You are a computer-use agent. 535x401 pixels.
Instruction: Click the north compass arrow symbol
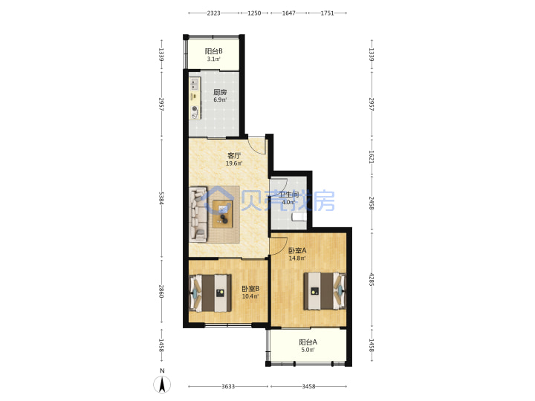(x=162, y=385)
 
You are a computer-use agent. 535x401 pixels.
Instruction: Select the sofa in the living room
(x=198, y=214)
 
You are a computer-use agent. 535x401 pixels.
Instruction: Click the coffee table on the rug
(x=222, y=214)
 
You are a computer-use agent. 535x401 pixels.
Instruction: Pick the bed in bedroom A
(x=325, y=291)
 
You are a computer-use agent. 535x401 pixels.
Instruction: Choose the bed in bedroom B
(x=210, y=293)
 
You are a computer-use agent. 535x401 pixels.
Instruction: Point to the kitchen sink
(x=195, y=84)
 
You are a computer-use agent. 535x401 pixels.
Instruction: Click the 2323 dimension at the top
(x=213, y=13)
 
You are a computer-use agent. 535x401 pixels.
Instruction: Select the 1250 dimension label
(x=254, y=13)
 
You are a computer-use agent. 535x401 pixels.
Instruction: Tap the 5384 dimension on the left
(x=161, y=198)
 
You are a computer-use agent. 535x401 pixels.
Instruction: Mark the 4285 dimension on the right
(x=372, y=280)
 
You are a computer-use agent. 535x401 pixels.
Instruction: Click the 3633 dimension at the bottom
(x=228, y=386)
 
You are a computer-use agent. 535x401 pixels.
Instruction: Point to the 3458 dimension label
(x=308, y=386)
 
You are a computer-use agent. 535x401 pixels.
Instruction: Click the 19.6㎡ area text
(x=234, y=163)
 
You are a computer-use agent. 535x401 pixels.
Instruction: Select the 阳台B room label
(x=213, y=51)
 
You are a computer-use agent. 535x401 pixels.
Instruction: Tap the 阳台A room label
(x=308, y=342)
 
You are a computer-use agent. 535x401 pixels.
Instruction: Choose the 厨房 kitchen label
(x=220, y=92)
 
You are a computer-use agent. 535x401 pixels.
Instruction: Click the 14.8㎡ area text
(x=297, y=258)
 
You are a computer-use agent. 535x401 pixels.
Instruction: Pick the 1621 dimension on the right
(x=372, y=157)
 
